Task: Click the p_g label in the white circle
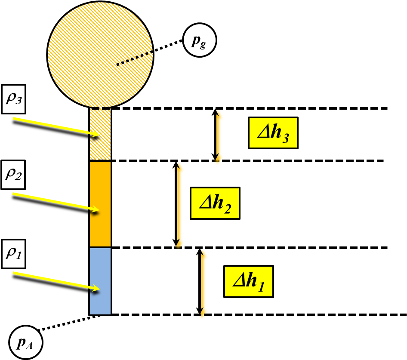[200, 41]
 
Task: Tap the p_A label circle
[25, 343]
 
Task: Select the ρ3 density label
[13, 99]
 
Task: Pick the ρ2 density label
[13, 175]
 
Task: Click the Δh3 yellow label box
[273, 133]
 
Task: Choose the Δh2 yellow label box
[215, 203]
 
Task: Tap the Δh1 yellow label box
[248, 281]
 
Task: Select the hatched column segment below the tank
[100, 134]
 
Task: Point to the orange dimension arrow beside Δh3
[218, 138]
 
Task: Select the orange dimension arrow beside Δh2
[178, 206]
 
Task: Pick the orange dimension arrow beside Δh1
[201, 284]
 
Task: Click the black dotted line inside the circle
[134, 59]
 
